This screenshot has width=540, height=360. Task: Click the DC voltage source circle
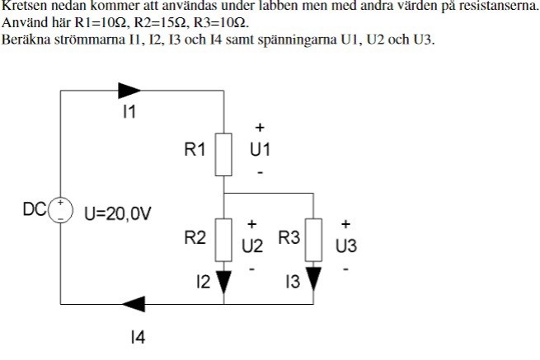tap(60, 210)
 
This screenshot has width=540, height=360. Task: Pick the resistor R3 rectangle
tap(313, 238)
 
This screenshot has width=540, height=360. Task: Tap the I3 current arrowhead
tap(313, 282)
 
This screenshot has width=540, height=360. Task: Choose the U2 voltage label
tap(252, 245)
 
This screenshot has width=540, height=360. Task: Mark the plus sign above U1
tap(260, 128)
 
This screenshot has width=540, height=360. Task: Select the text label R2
tap(195, 239)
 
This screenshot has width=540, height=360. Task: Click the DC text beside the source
tap(35, 209)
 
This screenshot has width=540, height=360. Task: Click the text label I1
tap(129, 113)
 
